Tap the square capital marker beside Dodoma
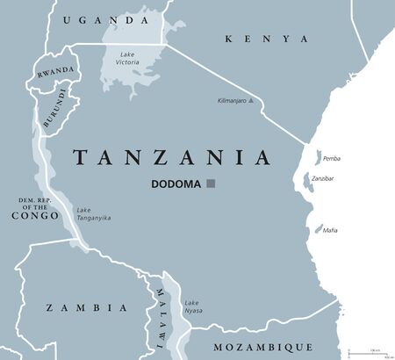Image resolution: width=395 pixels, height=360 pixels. [211, 184]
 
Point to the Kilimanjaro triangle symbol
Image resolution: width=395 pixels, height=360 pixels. [252, 101]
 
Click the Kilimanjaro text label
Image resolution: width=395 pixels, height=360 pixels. [231, 101]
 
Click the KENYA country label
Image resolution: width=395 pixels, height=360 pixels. [267, 39]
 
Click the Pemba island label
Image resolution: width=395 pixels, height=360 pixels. [331, 158]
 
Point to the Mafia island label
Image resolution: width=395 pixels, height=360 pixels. [329, 230]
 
